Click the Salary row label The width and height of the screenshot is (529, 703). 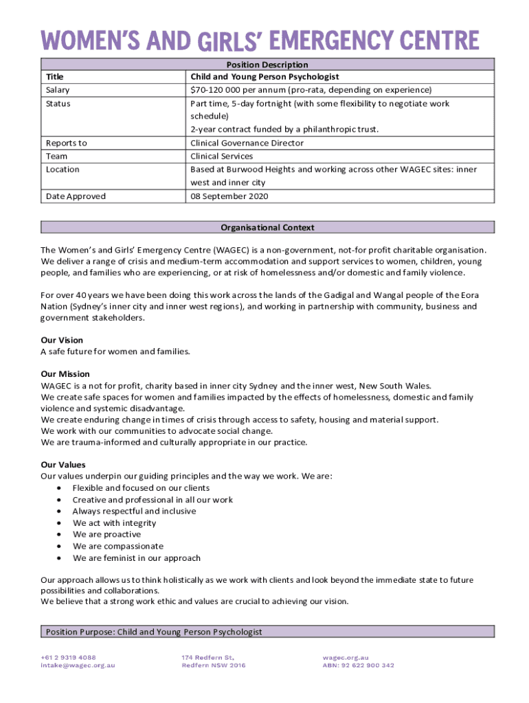coord(58,90)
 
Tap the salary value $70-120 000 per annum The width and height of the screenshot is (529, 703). coord(311,90)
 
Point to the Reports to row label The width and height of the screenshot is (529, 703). coord(66,143)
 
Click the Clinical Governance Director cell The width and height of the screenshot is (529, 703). coord(247,143)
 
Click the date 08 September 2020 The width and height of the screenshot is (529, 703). coord(229,196)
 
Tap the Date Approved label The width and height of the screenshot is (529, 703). coord(76,196)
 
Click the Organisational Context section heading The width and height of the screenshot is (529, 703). coord(267,227)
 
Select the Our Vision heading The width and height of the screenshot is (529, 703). coord(62,340)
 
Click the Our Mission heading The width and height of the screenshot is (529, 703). coord(65,374)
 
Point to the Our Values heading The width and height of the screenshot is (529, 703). coord(63,465)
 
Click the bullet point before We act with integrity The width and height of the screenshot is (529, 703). coord(61,523)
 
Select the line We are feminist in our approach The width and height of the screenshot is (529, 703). coord(137,558)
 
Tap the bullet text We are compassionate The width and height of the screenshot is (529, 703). coord(118,546)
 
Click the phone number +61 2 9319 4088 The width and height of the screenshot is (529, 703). coord(68,657)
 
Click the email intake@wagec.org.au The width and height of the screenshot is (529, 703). coord(78,665)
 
